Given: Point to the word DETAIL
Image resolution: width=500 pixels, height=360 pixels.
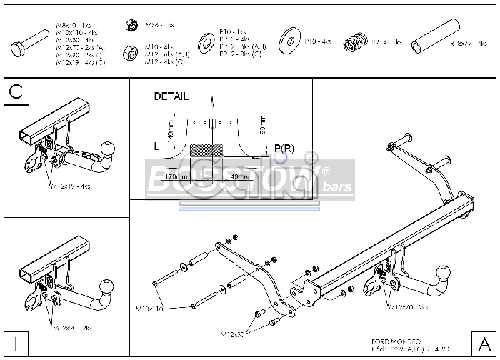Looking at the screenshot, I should click(x=171, y=96).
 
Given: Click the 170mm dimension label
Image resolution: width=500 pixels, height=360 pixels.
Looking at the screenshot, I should click(x=176, y=176).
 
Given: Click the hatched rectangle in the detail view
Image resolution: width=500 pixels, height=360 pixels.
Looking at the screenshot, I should click(x=207, y=151).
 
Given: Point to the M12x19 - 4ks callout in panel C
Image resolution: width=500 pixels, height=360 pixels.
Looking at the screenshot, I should click(x=70, y=186).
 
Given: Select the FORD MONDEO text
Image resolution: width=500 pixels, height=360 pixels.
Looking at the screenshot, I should click(x=397, y=341).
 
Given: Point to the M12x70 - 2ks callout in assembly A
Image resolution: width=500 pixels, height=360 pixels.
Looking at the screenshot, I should click(x=409, y=306).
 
